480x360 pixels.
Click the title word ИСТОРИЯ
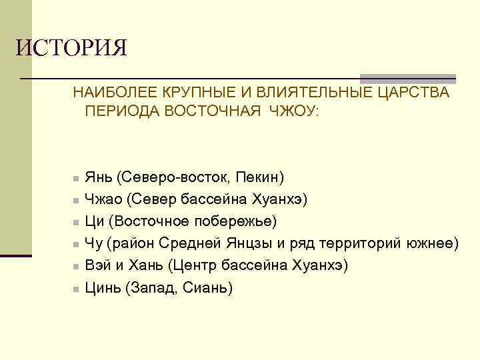71,49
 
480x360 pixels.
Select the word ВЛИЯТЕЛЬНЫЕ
306,92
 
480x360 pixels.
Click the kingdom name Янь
99,178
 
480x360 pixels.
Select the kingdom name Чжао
103,199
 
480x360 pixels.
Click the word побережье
239,221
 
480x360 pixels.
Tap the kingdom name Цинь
103,287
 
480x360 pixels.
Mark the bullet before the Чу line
77,245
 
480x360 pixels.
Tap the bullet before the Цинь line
77,289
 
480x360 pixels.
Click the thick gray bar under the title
407,78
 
